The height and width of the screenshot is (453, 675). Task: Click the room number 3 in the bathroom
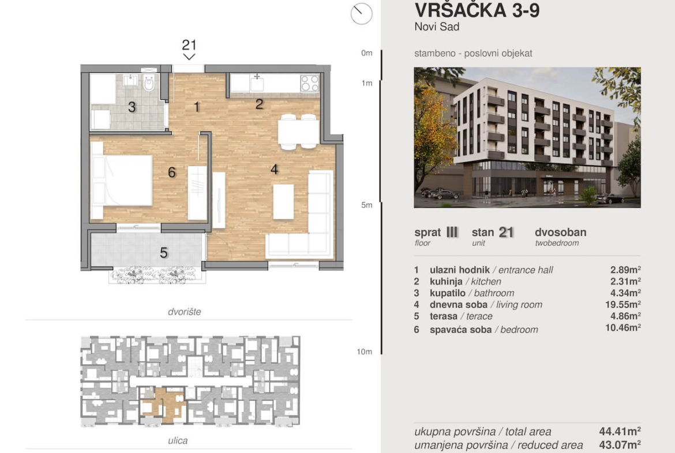(132, 107)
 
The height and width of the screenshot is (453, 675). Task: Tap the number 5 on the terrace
(164, 253)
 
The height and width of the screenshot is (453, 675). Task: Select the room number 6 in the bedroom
(172, 173)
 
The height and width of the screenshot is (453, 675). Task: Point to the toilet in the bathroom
(149, 83)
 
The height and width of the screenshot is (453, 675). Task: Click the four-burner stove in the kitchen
(310, 83)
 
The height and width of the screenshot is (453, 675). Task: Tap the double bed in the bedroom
(122, 180)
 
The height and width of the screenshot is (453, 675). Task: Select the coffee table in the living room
(283, 201)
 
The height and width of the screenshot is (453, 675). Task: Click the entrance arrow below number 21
(189, 57)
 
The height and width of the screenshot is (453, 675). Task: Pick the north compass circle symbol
(362, 13)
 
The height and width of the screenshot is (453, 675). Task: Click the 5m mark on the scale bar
(367, 205)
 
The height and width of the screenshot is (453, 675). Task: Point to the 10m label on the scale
(364, 352)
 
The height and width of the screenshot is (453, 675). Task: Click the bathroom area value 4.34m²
(625, 293)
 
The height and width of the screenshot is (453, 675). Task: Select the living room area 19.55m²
(623, 305)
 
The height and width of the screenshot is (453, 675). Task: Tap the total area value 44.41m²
(620, 431)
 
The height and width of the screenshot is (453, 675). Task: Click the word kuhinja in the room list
(446, 282)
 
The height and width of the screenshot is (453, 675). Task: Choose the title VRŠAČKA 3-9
(477, 10)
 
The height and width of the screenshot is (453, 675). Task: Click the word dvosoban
(561, 232)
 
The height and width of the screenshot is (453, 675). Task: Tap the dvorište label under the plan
(184, 312)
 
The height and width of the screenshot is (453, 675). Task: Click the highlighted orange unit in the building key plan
(164, 404)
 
